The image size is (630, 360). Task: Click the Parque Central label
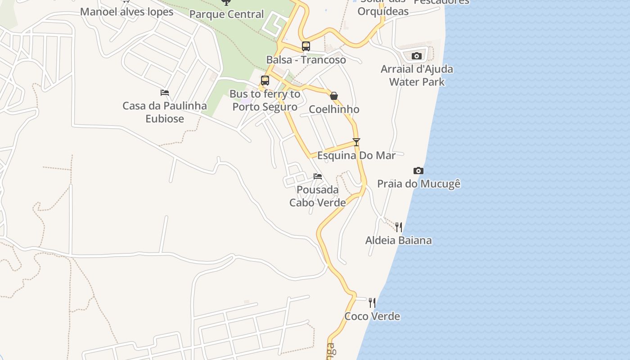coord(226,14)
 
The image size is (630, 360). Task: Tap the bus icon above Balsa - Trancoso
coord(306,46)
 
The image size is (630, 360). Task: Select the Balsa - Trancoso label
coord(306,60)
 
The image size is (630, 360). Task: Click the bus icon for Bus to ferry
coord(265,81)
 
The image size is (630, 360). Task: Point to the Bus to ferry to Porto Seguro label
coord(265,100)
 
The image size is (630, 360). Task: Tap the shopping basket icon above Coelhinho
coord(334,96)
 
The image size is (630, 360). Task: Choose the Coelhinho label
coord(334,109)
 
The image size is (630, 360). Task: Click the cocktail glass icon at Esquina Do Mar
coord(356,142)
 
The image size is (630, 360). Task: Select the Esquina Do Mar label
coord(356,156)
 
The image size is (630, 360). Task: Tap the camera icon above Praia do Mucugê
coord(418,171)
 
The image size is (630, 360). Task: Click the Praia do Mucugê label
coord(418,184)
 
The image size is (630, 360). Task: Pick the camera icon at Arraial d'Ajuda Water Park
coord(417,56)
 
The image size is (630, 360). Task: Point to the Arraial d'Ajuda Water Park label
coord(417,76)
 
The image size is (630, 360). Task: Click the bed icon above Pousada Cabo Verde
coord(318,176)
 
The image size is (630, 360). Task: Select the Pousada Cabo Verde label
coord(318,196)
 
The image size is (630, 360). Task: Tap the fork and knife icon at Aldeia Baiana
coord(399,227)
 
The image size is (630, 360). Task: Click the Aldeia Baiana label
coord(398,240)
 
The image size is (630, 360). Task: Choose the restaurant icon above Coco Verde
coord(372,303)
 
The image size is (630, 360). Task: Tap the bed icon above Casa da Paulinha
coord(165,93)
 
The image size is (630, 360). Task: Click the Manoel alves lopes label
coord(126,12)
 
